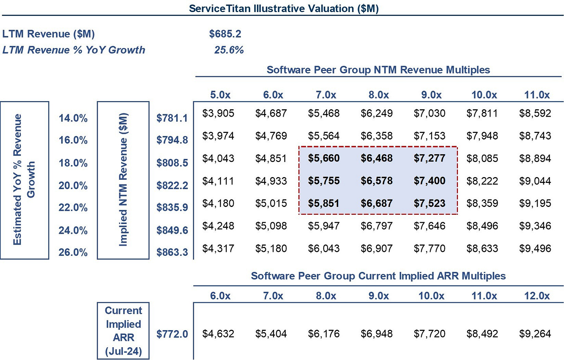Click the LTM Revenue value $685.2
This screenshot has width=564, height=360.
pos(225,34)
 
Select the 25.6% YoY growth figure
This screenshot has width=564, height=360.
pos(229,50)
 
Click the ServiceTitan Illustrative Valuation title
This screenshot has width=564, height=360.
pos(284,9)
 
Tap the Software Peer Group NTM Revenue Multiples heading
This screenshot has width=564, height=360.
pos(378,70)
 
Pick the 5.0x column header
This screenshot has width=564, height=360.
pos(220,95)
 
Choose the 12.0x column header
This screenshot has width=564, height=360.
pos(536,296)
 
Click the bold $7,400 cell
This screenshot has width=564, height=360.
pos(429,181)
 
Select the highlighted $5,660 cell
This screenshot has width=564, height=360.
pos(323,158)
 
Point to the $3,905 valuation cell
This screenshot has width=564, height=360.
pos(218,113)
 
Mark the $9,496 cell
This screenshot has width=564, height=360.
pos(535,248)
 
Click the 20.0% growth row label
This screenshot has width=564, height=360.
pos(73,186)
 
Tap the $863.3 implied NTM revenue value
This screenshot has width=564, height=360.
pos(172,252)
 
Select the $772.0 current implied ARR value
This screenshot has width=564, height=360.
pos(172,334)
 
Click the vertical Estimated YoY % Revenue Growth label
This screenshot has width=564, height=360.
pos(24,180)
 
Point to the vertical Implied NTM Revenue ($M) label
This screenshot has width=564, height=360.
pos(123,180)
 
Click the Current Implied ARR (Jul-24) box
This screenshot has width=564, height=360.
pos(123,331)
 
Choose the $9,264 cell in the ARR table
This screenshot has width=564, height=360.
pos(535,334)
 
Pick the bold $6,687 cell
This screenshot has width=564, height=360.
pos(377,203)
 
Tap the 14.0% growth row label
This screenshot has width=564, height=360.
pos(73,118)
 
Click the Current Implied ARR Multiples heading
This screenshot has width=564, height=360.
pos(378,276)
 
